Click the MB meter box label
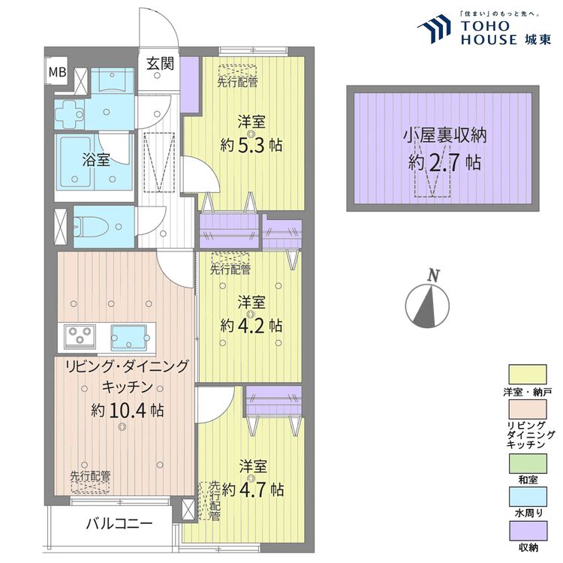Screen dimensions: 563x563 click(x=57, y=73)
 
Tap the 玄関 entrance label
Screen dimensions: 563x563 click(x=159, y=63)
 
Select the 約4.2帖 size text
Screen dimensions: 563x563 click(x=251, y=326)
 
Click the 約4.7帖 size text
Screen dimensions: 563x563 click(x=253, y=489)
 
